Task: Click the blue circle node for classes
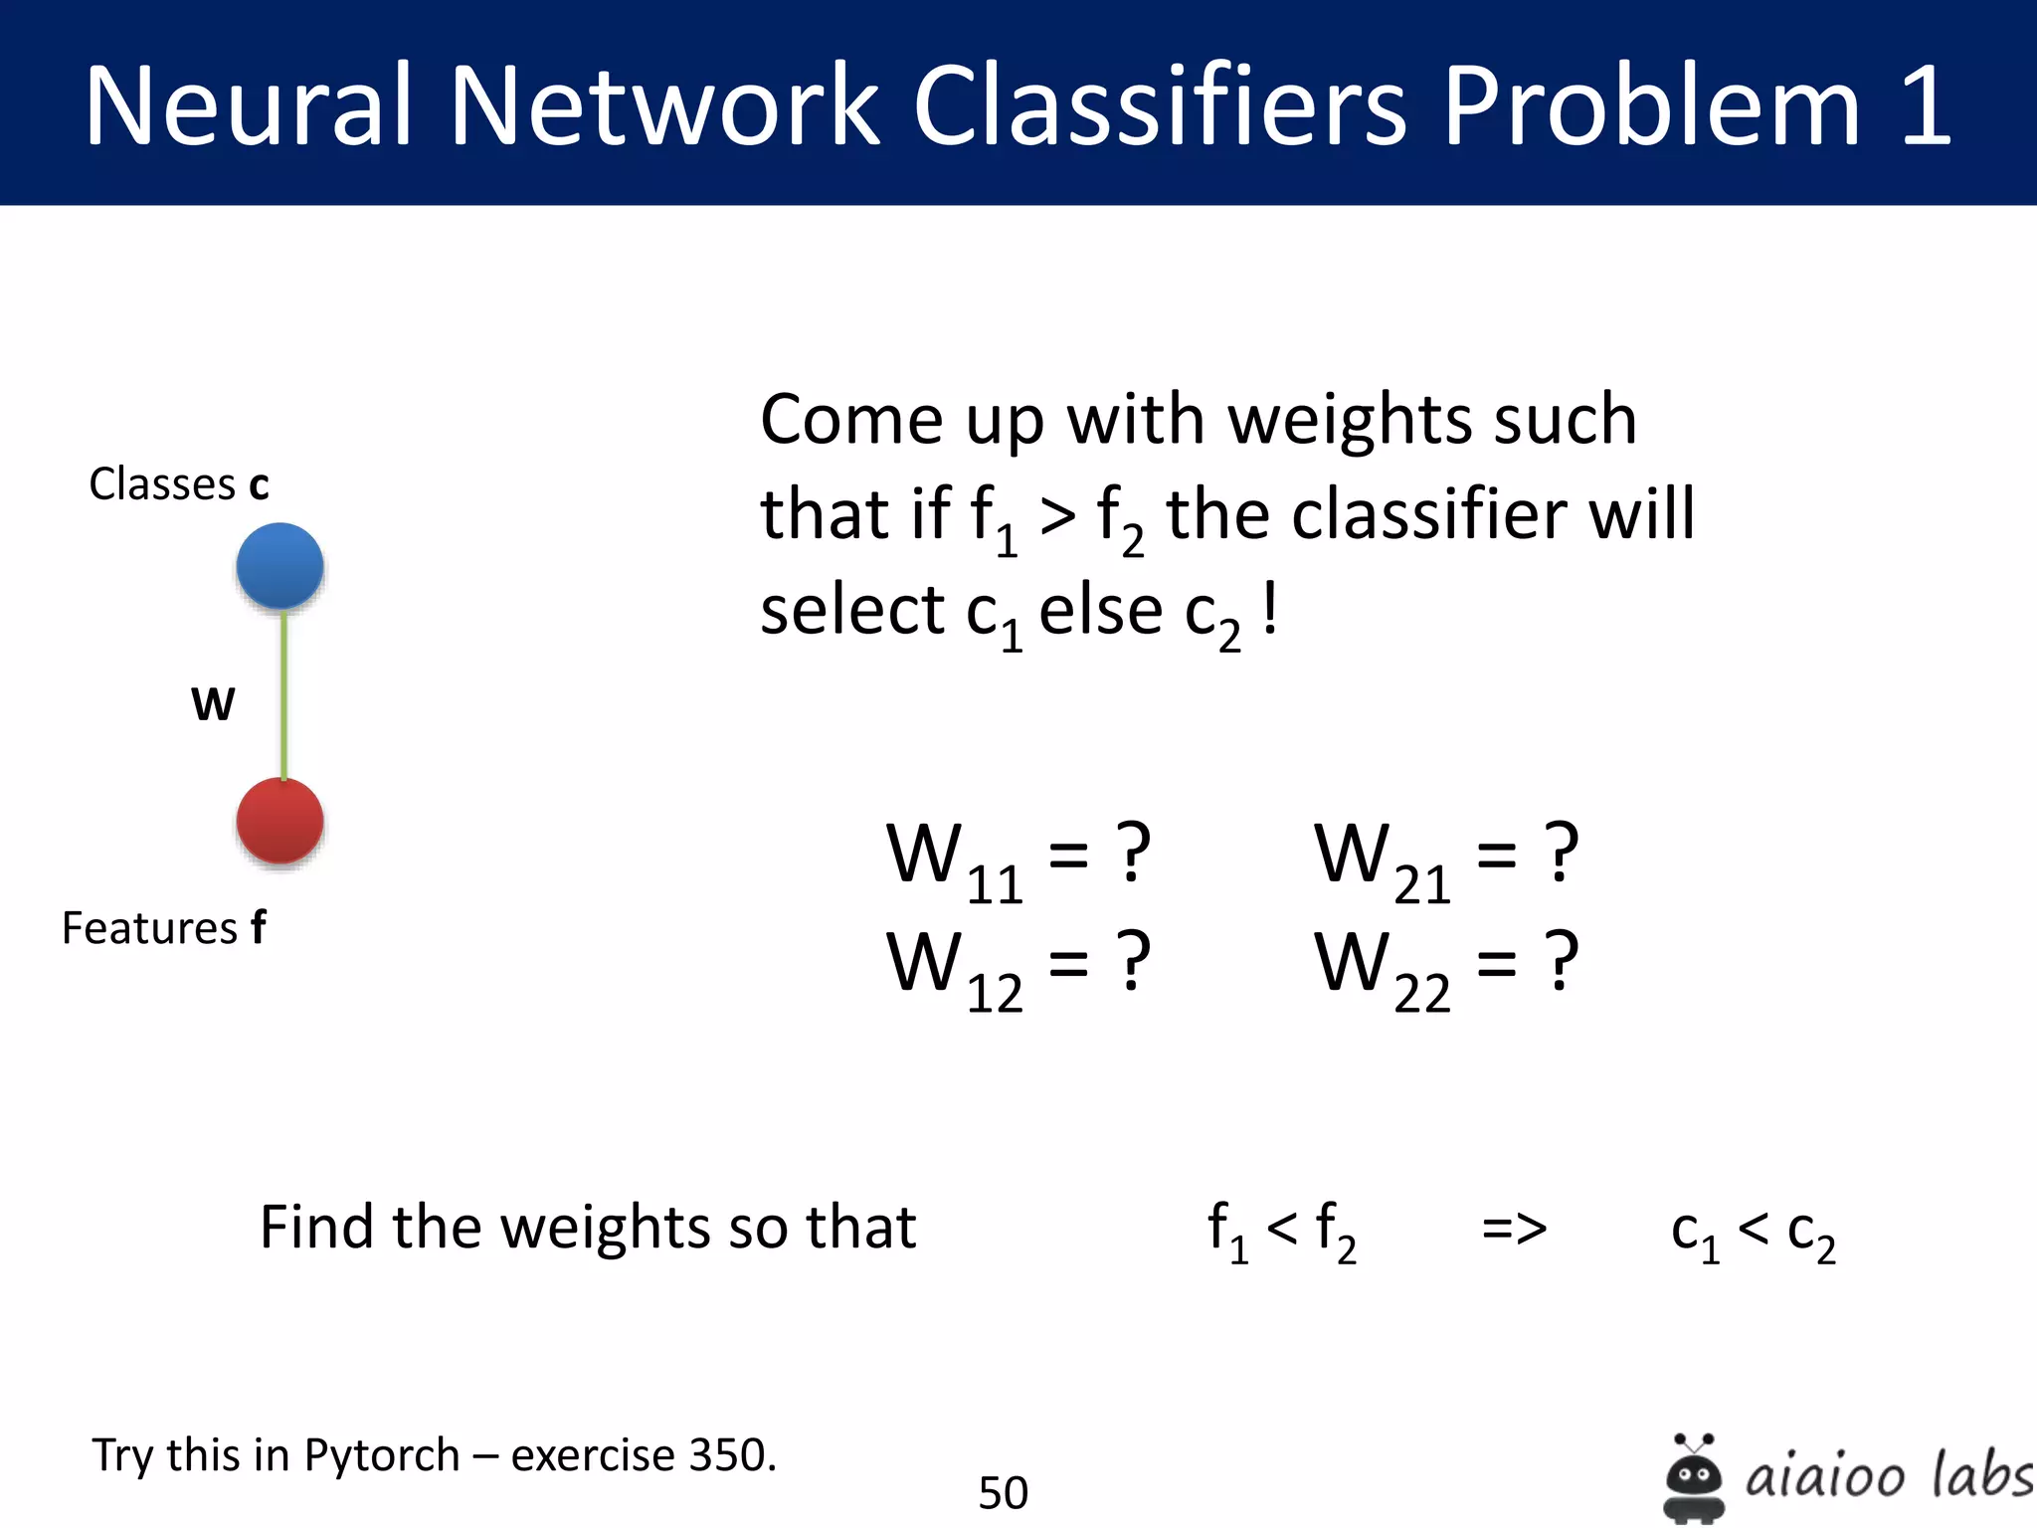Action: click(x=279, y=565)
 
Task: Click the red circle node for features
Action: click(x=279, y=821)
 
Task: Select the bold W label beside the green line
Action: click(x=213, y=704)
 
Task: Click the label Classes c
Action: click(x=179, y=484)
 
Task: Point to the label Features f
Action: click(x=164, y=928)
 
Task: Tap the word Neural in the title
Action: click(x=249, y=105)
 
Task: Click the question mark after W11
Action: click(x=1133, y=853)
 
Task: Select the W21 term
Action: click(x=1382, y=860)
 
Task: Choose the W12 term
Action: click(x=954, y=969)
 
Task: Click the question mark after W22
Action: click(x=1562, y=962)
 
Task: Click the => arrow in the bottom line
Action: click(x=1514, y=1229)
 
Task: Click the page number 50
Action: click(x=1003, y=1492)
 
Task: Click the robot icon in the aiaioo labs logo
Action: click(x=1694, y=1476)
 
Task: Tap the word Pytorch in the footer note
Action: click(x=381, y=1455)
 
